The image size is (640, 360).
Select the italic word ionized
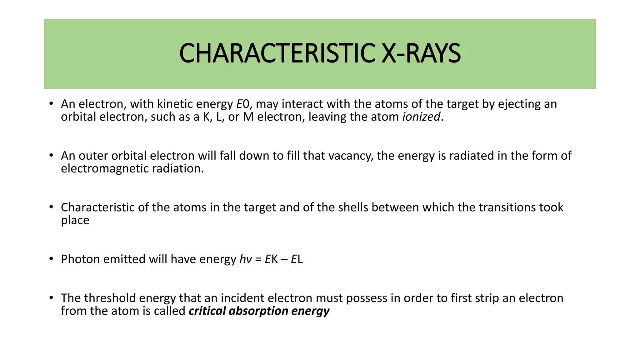421,117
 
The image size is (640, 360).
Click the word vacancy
350,156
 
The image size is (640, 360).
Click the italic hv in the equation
246,259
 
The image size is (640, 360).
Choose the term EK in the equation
271,259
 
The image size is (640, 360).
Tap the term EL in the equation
297,259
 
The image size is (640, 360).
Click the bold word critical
207,311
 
